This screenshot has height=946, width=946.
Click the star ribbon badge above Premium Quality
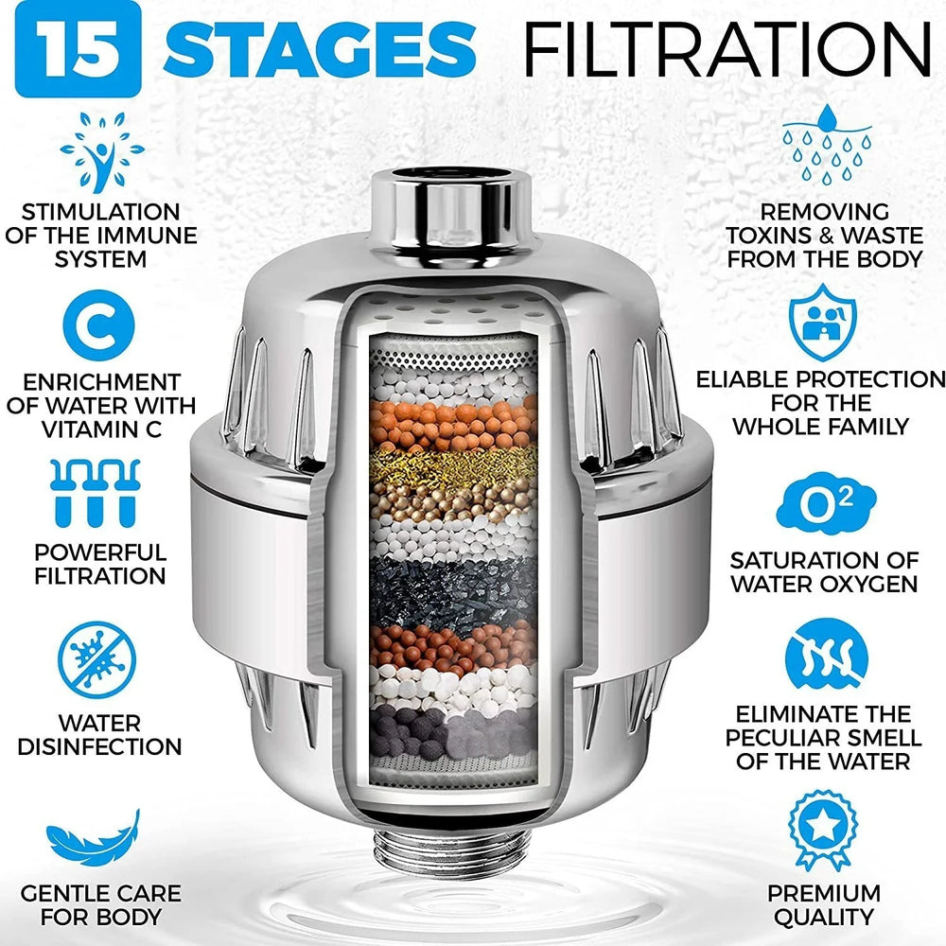coord(822,831)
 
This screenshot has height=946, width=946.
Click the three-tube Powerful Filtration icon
coord(97,493)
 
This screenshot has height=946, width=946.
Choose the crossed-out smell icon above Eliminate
coord(822,658)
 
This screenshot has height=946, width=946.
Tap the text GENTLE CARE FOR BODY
coord(99,904)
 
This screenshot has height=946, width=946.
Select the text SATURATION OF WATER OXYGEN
coord(822,571)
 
